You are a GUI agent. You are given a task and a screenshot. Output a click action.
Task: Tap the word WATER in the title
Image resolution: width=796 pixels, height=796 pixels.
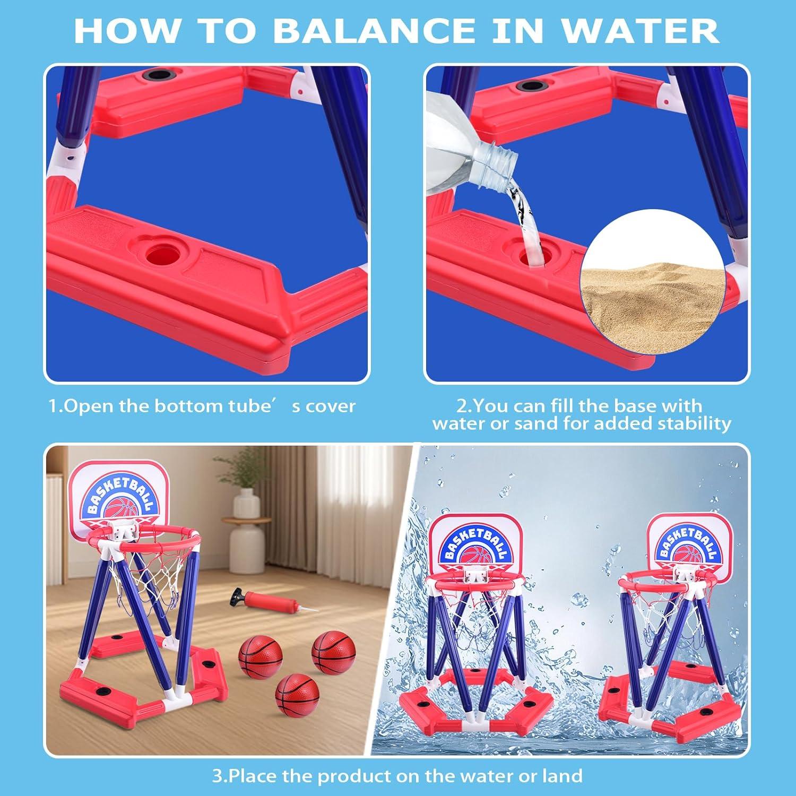click(640, 30)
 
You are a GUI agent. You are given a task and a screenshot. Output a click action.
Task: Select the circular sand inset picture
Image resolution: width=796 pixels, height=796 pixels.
click(653, 281)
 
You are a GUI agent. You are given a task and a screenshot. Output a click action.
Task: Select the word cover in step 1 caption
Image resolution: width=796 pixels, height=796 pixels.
click(330, 406)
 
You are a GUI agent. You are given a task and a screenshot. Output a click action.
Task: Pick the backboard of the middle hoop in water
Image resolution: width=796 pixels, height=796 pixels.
click(473, 544)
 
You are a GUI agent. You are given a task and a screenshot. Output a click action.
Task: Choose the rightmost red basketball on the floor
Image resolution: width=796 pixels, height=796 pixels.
click(333, 652)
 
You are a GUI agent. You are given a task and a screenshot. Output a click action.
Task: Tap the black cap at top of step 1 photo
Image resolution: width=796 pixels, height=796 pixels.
click(158, 76)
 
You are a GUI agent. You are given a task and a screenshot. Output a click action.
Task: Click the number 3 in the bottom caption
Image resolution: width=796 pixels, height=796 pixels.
click(217, 776)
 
